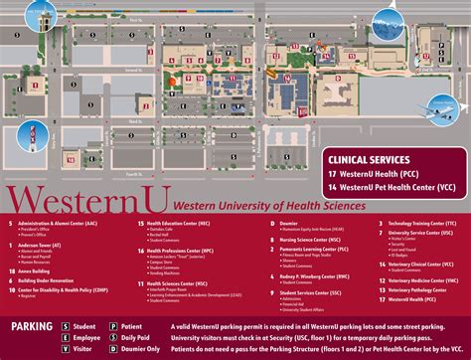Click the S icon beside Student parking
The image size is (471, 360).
coord(67,325)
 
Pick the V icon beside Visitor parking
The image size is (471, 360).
coord(67,349)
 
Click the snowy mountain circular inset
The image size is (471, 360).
coord(443,14)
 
